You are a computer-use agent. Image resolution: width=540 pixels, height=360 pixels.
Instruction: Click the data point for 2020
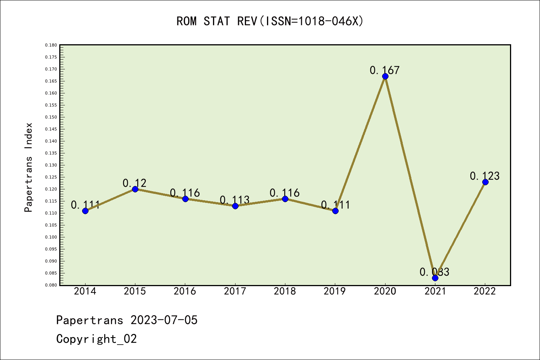(x=385, y=76)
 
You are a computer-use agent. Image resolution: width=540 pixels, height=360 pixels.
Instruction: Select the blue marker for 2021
(x=435, y=278)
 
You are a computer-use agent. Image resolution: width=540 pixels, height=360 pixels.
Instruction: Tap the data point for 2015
(x=135, y=189)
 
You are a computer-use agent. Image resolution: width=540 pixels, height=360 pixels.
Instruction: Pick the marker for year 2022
(x=485, y=182)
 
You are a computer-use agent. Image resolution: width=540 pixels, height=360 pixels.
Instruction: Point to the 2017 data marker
(x=235, y=206)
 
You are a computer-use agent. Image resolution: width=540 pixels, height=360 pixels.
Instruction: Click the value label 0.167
(x=385, y=70)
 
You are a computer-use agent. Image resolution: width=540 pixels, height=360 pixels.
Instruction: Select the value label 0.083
(x=434, y=272)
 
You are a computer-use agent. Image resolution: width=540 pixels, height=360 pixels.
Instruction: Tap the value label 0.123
(x=484, y=176)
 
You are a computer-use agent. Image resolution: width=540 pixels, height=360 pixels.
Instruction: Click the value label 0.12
(x=135, y=183)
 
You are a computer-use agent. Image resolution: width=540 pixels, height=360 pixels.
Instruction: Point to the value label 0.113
(x=235, y=200)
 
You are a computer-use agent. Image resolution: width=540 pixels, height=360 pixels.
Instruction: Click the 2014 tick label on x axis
(x=85, y=291)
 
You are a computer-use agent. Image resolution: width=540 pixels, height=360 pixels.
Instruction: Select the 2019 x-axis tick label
(x=335, y=291)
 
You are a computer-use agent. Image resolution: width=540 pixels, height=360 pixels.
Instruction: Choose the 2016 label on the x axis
(x=185, y=291)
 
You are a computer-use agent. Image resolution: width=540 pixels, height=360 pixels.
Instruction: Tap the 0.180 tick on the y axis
(x=51, y=45)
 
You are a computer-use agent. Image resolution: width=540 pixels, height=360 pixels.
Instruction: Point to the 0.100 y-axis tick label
(x=51, y=237)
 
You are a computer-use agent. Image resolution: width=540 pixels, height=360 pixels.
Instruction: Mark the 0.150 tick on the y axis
(x=51, y=117)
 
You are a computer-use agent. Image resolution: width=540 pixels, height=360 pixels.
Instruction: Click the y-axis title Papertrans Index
(x=28, y=167)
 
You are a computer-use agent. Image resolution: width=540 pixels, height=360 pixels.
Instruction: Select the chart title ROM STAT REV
(x=270, y=21)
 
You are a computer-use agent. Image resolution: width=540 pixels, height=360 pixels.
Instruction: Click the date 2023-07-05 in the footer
(x=164, y=320)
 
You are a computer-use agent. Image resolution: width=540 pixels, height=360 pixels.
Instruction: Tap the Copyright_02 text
(x=96, y=339)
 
